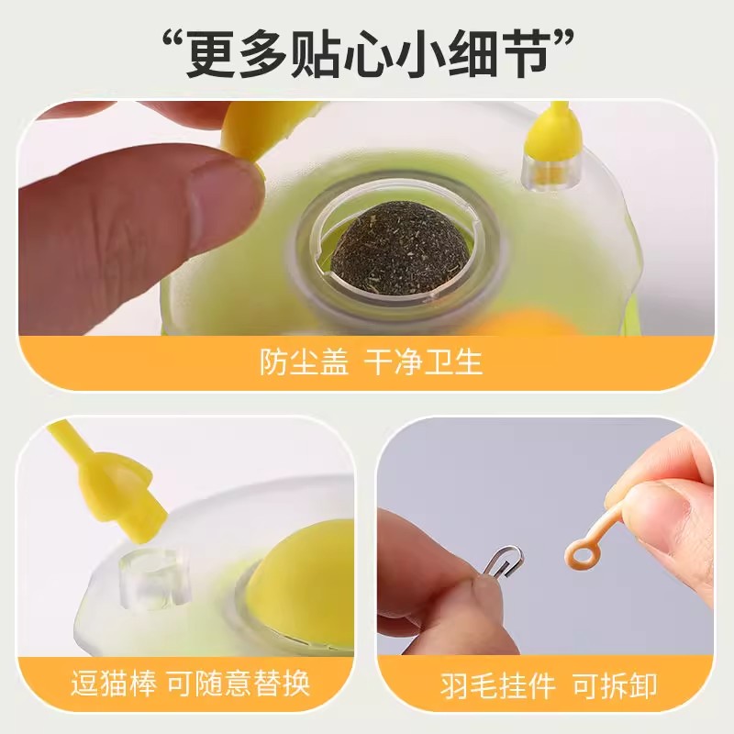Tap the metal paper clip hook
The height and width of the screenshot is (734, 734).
point(505,560)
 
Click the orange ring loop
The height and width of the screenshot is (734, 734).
point(580,552)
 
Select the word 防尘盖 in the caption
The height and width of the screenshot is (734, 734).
point(304,362)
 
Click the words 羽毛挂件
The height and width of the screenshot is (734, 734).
point(480,684)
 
